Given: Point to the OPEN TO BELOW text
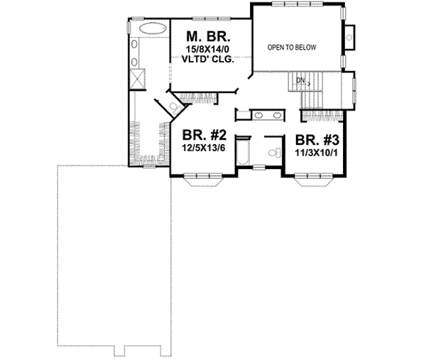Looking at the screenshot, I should click(291, 48).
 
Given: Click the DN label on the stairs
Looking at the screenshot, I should click(302, 82).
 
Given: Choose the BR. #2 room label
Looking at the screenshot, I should click(204, 134).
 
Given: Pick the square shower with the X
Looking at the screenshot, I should click(138, 76).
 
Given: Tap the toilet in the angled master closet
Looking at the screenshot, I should click(173, 107).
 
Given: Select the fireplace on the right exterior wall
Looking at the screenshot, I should click(350, 33).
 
